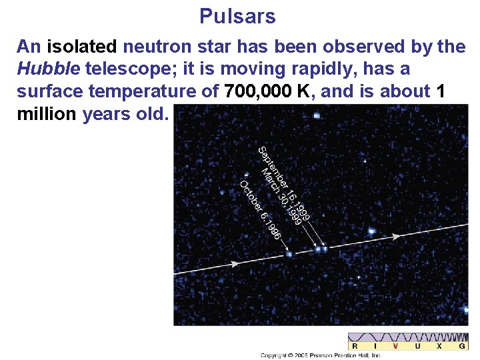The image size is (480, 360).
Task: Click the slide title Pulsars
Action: coord(237,16)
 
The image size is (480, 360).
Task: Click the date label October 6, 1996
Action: coord(260,211)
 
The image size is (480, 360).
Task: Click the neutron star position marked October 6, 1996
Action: coord(289,254)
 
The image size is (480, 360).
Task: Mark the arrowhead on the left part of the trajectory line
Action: coord(237,265)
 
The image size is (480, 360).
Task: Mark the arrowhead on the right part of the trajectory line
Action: coord(396,236)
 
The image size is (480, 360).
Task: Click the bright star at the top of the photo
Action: coord(316,115)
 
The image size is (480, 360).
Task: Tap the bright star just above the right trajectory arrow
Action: coord(371,231)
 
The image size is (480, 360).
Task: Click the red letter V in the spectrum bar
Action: coord(396,346)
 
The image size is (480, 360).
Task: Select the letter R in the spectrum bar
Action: coord(355,346)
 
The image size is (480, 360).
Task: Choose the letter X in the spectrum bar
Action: coord(439,346)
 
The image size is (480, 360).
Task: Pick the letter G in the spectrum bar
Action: coord(461,346)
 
